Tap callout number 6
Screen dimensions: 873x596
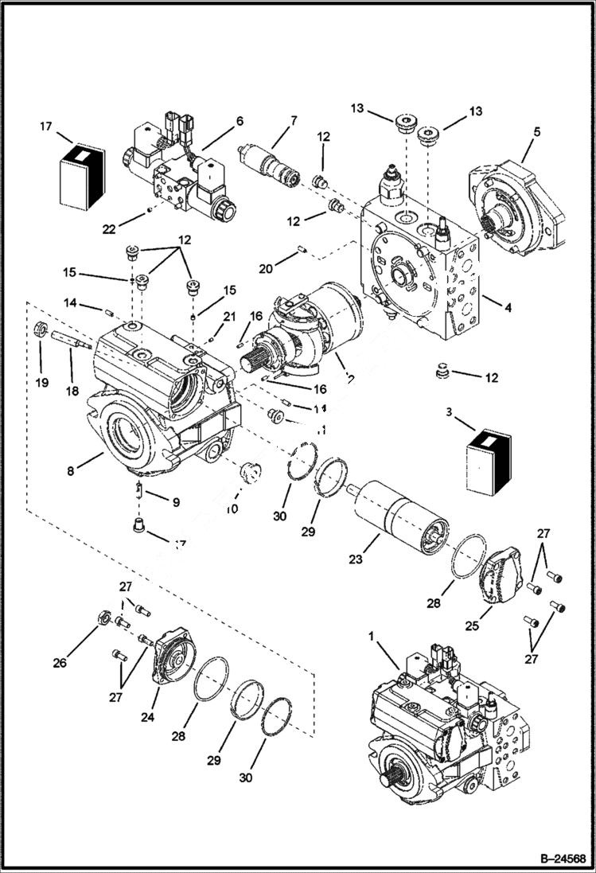point(239,121)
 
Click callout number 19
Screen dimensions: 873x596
point(42,382)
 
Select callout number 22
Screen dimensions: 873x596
point(109,229)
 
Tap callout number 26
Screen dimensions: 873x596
point(60,662)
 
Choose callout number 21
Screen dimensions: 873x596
point(230,317)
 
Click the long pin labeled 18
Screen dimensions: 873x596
point(72,339)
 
